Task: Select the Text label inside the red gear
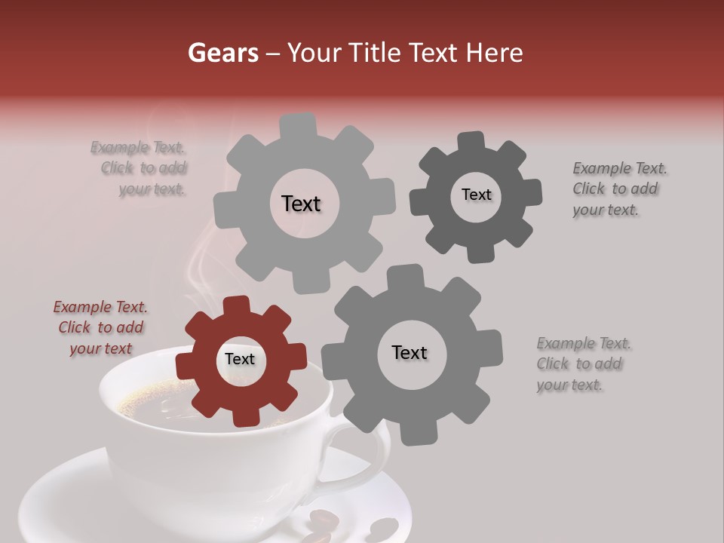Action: click(x=240, y=360)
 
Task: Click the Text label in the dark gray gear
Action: click(x=476, y=195)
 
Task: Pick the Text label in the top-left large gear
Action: click(x=301, y=204)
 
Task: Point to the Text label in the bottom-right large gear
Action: click(x=410, y=352)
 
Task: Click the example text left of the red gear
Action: click(x=100, y=327)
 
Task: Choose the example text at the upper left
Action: click(x=143, y=168)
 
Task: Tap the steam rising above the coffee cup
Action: click(x=200, y=264)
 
